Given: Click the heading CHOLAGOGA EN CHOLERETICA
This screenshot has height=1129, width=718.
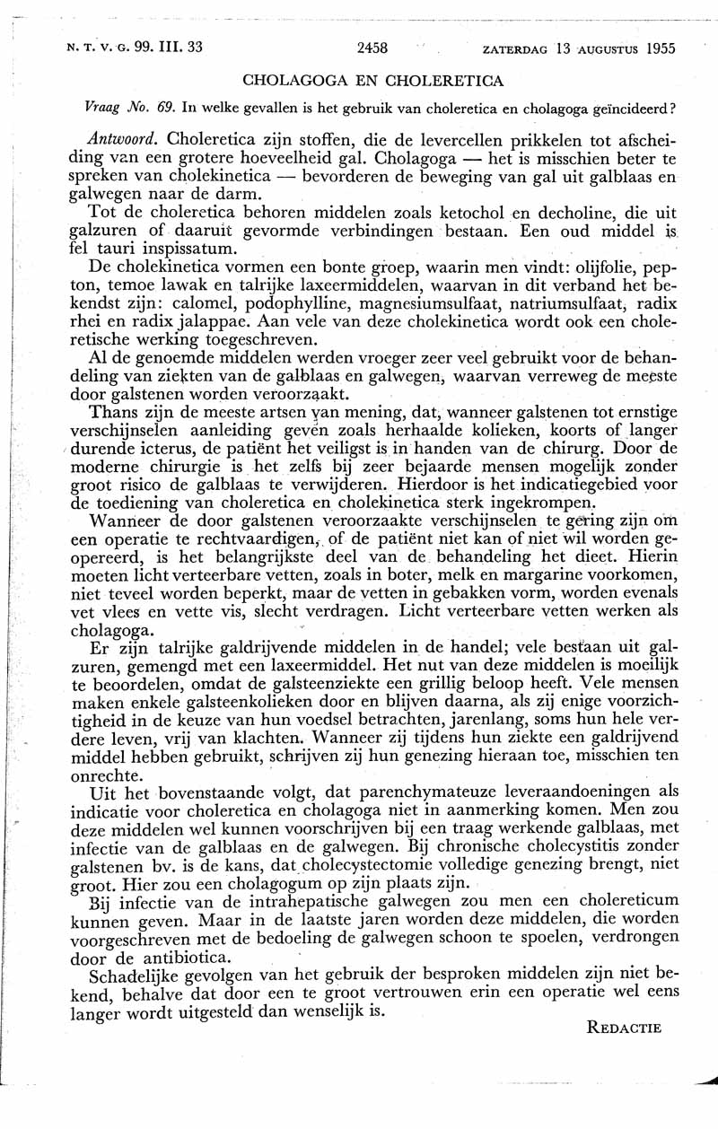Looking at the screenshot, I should pos(373,81).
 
